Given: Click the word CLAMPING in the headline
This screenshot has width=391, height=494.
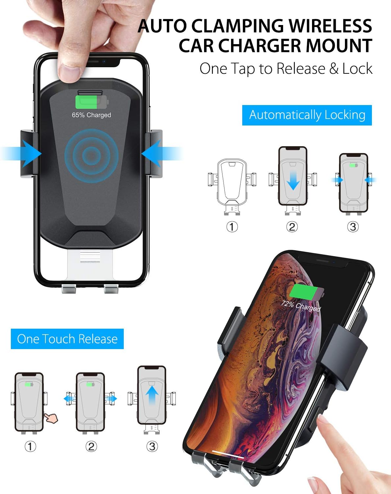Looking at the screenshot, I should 237,26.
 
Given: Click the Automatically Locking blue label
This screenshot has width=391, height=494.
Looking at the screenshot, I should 307,115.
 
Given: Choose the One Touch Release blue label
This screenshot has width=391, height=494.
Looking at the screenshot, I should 67,339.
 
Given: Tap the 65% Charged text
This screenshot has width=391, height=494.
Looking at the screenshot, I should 91,115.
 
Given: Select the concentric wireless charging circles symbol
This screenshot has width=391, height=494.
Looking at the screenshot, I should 91,155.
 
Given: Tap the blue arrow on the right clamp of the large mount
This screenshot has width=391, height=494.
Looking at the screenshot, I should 152,153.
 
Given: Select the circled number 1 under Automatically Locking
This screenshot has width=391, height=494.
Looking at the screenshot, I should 232,227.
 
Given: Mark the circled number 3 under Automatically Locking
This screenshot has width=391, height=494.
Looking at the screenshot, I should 353,227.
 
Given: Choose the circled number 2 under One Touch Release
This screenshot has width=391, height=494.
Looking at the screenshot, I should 91,447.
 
